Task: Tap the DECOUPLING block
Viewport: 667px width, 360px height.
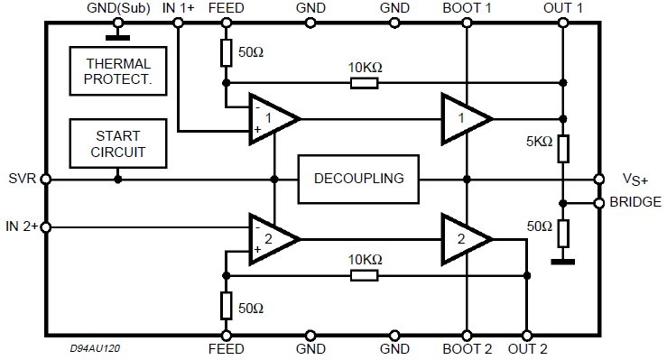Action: [x=358, y=179]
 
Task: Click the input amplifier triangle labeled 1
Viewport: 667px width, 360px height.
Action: [x=273, y=118]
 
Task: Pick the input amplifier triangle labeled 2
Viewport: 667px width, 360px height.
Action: [x=273, y=238]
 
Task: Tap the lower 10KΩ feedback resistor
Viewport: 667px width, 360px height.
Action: [x=364, y=273]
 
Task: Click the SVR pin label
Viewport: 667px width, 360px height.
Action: [x=20, y=179]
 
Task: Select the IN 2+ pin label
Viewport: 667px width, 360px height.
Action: [x=22, y=226]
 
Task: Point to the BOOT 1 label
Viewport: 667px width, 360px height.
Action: [x=468, y=8]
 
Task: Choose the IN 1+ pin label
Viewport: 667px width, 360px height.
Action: [x=178, y=8]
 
